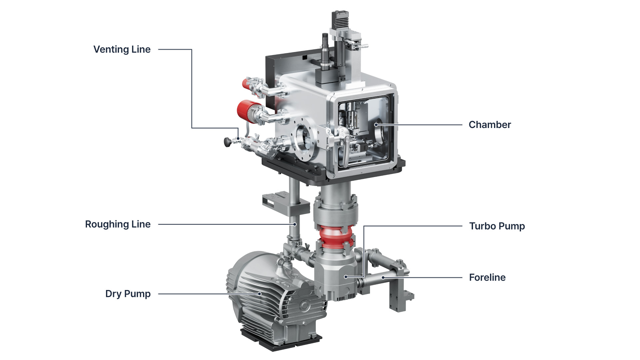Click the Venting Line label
[x=122, y=49]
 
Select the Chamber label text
[x=490, y=125]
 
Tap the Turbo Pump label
[x=497, y=226]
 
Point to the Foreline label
[x=487, y=277]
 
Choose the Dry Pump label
[x=128, y=294]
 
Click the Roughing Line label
[x=118, y=224]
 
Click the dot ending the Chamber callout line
[x=376, y=125]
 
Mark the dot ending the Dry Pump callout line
[x=260, y=294]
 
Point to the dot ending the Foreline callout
[x=383, y=277]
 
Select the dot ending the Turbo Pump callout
[x=346, y=277]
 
